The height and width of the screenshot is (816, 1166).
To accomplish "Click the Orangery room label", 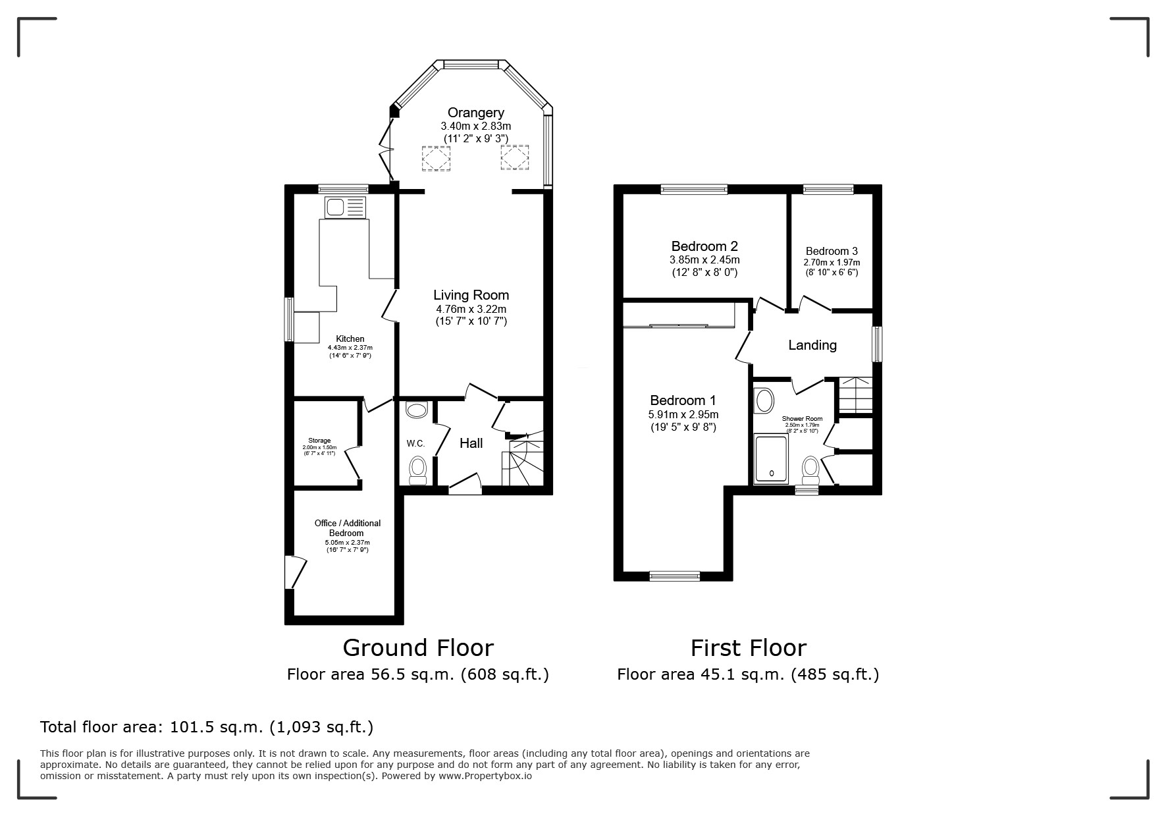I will click(x=475, y=113).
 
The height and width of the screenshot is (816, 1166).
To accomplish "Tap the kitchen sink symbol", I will click(x=345, y=208).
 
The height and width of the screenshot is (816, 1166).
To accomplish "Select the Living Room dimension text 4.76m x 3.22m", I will click(x=471, y=309).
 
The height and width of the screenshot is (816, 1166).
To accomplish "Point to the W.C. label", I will click(x=415, y=444).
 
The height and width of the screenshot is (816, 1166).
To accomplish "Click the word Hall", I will click(x=471, y=443).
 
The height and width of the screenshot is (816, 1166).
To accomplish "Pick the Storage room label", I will click(x=319, y=441).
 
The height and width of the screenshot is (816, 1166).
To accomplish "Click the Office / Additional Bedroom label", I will click(x=347, y=528).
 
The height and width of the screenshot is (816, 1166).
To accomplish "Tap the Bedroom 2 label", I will click(x=704, y=246).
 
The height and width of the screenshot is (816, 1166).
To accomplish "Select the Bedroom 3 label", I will click(x=831, y=251).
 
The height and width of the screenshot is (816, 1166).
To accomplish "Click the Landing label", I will click(x=812, y=345).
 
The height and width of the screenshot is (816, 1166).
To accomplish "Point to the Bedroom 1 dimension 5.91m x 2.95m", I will click(x=683, y=415).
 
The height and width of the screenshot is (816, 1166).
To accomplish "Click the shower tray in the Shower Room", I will click(x=771, y=458).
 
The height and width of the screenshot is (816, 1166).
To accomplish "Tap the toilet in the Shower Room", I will click(x=810, y=470).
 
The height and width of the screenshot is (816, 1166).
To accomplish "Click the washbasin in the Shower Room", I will click(x=764, y=400).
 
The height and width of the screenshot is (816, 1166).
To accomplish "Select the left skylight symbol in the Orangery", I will click(x=436, y=158).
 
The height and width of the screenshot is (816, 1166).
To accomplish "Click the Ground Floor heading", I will click(x=417, y=648).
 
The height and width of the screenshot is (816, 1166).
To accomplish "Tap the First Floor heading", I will click(x=748, y=648).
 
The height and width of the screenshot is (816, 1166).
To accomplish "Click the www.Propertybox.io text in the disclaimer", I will click(x=485, y=776).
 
